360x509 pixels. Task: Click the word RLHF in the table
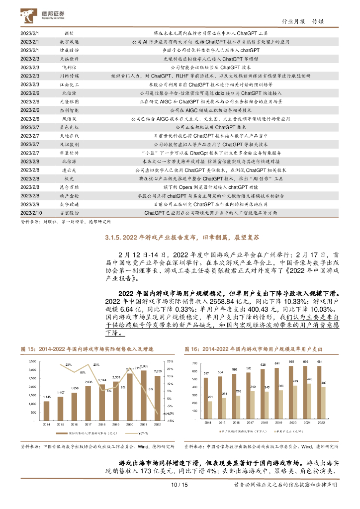pyautogui.click(x=180, y=76)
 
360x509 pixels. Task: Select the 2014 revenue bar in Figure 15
pyautogui.click(x=46, y=410)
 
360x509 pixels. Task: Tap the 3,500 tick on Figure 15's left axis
pyautogui.click(x=30, y=361)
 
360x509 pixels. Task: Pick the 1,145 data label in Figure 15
pyautogui.click(x=46, y=397)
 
